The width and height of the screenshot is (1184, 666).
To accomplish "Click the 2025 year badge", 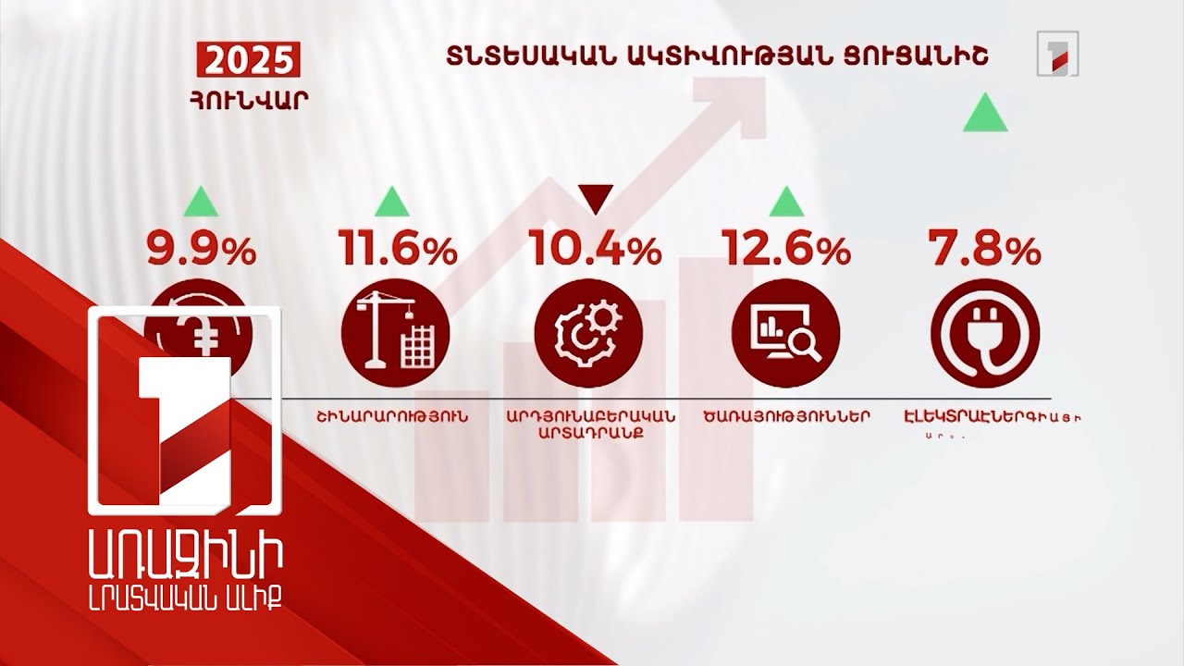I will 247,63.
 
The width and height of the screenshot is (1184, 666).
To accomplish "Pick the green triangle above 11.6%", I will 392,199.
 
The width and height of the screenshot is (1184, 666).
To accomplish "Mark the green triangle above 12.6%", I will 785,199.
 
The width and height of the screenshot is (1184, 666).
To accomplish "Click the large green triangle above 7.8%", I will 984,112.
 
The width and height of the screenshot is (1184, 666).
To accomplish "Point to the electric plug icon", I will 984,331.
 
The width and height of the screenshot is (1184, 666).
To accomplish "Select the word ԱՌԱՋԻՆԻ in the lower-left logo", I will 182,561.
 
